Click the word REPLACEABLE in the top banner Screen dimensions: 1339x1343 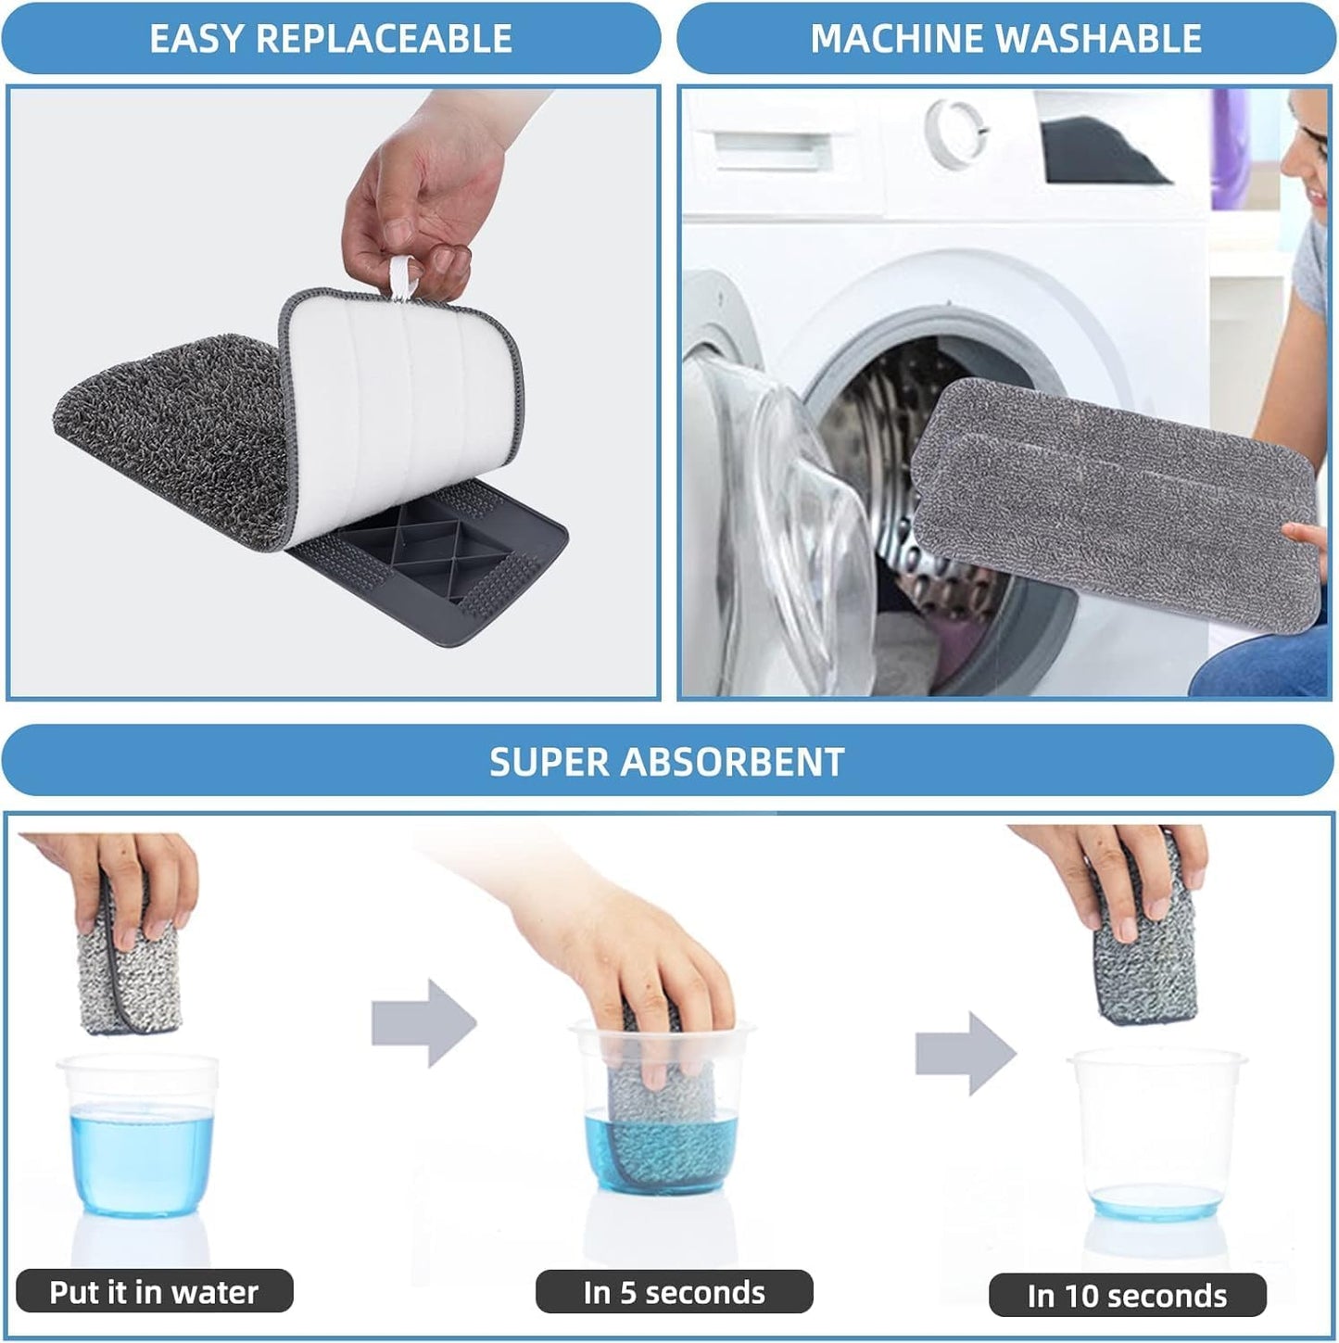click(x=385, y=38)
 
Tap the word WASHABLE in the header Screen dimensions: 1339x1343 click(x=1099, y=38)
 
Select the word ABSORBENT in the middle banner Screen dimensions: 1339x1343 click(x=732, y=761)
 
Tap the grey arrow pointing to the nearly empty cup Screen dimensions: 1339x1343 click(x=966, y=1053)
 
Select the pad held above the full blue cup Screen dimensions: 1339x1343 click(x=129, y=969)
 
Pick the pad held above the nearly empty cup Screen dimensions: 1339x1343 click(x=1145, y=937)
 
